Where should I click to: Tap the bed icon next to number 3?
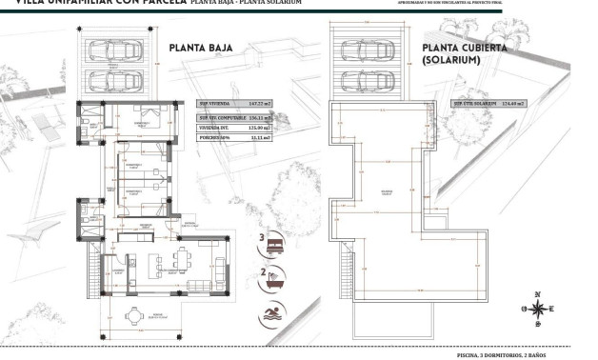point(276,243)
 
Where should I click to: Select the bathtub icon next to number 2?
point(276,279)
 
